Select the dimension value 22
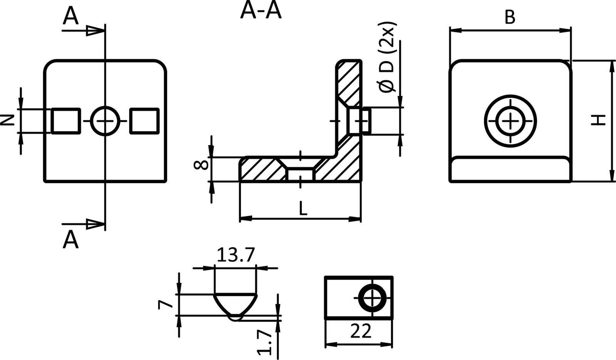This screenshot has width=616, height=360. [361, 331]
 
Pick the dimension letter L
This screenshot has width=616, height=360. [303, 209]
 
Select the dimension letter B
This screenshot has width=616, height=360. [510, 18]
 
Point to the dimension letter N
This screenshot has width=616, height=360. [7, 121]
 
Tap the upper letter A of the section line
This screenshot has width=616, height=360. [70, 17]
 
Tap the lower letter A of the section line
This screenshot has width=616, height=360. [70, 240]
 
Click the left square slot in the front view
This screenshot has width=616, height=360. [66, 121]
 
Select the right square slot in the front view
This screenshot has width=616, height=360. [144, 121]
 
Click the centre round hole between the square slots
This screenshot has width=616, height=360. [105, 121]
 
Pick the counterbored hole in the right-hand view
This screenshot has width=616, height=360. [511, 121]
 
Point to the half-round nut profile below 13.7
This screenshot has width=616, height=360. [234, 305]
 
